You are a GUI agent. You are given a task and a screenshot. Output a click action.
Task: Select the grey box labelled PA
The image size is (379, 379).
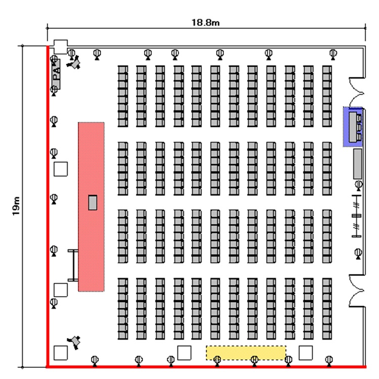[x=56, y=74]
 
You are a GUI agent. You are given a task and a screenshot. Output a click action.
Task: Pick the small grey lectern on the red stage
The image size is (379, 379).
[x=92, y=202]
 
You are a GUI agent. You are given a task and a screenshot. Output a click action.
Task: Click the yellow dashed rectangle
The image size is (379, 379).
[x=246, y=353]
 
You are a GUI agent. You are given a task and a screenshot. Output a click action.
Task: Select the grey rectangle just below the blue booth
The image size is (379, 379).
[x=358, y=164]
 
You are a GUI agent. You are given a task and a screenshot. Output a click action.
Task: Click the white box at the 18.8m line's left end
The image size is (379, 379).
[x=61, y=46]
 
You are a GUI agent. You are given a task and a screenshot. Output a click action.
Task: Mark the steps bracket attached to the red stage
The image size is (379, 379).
[x=73, y=266]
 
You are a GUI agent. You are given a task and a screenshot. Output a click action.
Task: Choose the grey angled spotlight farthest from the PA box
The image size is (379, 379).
[x=76, y=342]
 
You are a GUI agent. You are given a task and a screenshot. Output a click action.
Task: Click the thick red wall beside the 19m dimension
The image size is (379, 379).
[x=48, y=202]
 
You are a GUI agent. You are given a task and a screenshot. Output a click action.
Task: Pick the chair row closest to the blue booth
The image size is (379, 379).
[x=327, y=96]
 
